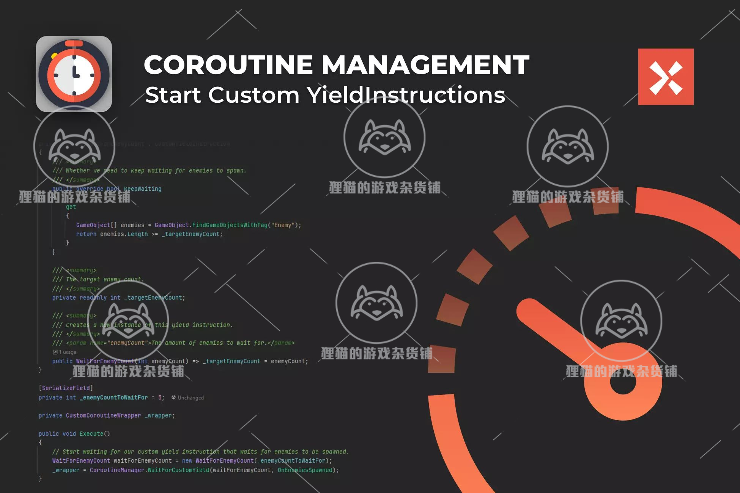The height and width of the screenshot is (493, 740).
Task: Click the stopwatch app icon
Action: pos(74,74)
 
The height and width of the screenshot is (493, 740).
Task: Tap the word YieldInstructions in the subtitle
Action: pos(406,95)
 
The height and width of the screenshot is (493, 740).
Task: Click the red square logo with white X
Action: pos(666,77)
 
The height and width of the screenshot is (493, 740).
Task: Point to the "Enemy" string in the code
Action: pos(283,225)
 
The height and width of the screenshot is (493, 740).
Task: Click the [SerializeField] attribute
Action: pos(66,388)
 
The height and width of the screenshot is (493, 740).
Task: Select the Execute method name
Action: pos(91,433)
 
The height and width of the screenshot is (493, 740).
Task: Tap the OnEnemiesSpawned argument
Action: pos(305,470)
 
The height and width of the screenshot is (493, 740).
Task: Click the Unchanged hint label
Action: pos(191,398)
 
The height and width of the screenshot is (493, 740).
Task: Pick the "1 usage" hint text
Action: pos(68,352)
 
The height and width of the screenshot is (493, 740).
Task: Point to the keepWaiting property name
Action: pos(143,189)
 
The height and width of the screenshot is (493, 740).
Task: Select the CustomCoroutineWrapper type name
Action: pos(103,416)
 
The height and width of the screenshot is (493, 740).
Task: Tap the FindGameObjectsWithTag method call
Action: pos(230,225)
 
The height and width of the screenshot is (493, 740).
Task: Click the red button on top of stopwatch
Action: pos(74,44)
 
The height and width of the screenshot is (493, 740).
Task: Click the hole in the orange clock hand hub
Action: pos(623,382)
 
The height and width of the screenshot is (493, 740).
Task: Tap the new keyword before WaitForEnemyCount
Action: pos(187,461)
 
